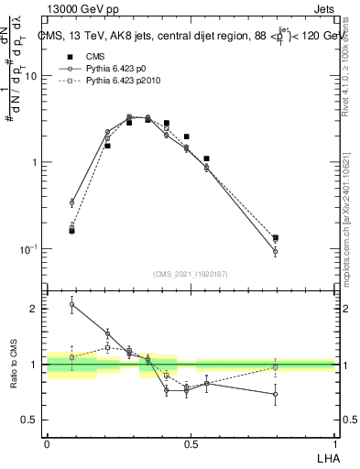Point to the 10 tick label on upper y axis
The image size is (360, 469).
(x=30, y=76)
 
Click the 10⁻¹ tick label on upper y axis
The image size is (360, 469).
(x=28, y=248)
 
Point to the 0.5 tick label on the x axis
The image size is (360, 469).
(x=191, y=442)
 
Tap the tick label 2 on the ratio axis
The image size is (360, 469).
(x=34, y=309)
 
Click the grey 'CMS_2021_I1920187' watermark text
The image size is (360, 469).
(x=191, y=273)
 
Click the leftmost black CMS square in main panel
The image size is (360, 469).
(x=72, y=231)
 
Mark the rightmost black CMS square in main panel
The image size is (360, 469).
(x=275, y=238)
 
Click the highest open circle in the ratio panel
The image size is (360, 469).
(x=72, y=305)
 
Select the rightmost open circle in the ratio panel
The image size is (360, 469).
(x=275, y=394)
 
